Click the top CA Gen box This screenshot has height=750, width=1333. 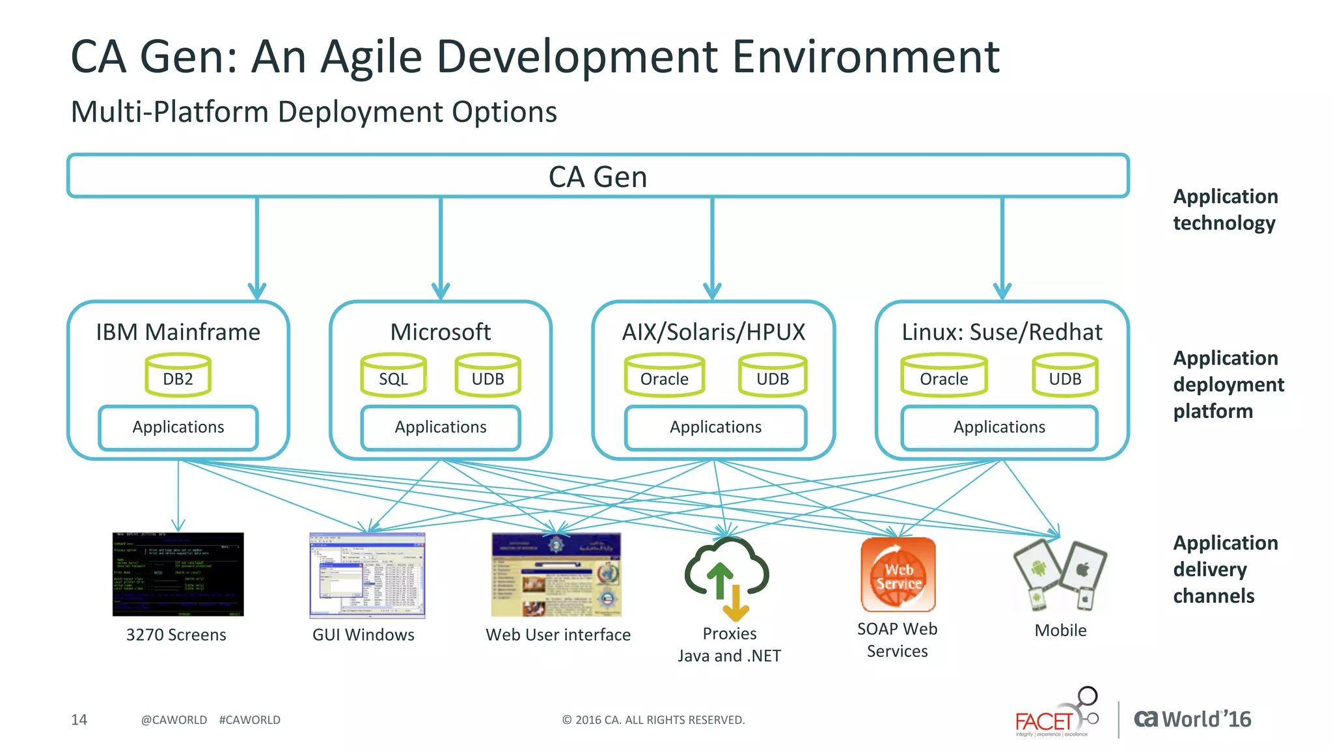598,176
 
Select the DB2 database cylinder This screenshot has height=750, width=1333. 178,376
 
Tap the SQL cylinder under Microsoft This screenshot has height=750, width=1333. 393,376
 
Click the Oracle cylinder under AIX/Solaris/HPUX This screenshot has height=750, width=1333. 664,376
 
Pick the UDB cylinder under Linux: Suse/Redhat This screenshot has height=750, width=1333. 1065,376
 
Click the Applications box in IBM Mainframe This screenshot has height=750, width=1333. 178,427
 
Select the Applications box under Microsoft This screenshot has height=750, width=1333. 441,427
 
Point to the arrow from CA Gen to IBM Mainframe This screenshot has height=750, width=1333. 257,247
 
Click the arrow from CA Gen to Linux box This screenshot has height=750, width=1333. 1002,247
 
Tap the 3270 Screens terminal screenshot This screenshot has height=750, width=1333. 178,574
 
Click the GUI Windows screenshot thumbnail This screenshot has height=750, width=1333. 367,575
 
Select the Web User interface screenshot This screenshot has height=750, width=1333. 556,574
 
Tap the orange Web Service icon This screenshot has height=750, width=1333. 898,574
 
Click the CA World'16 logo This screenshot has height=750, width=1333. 1192,719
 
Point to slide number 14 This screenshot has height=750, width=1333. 79,719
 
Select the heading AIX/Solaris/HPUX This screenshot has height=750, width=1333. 713,332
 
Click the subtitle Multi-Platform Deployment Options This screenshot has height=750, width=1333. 314,112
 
